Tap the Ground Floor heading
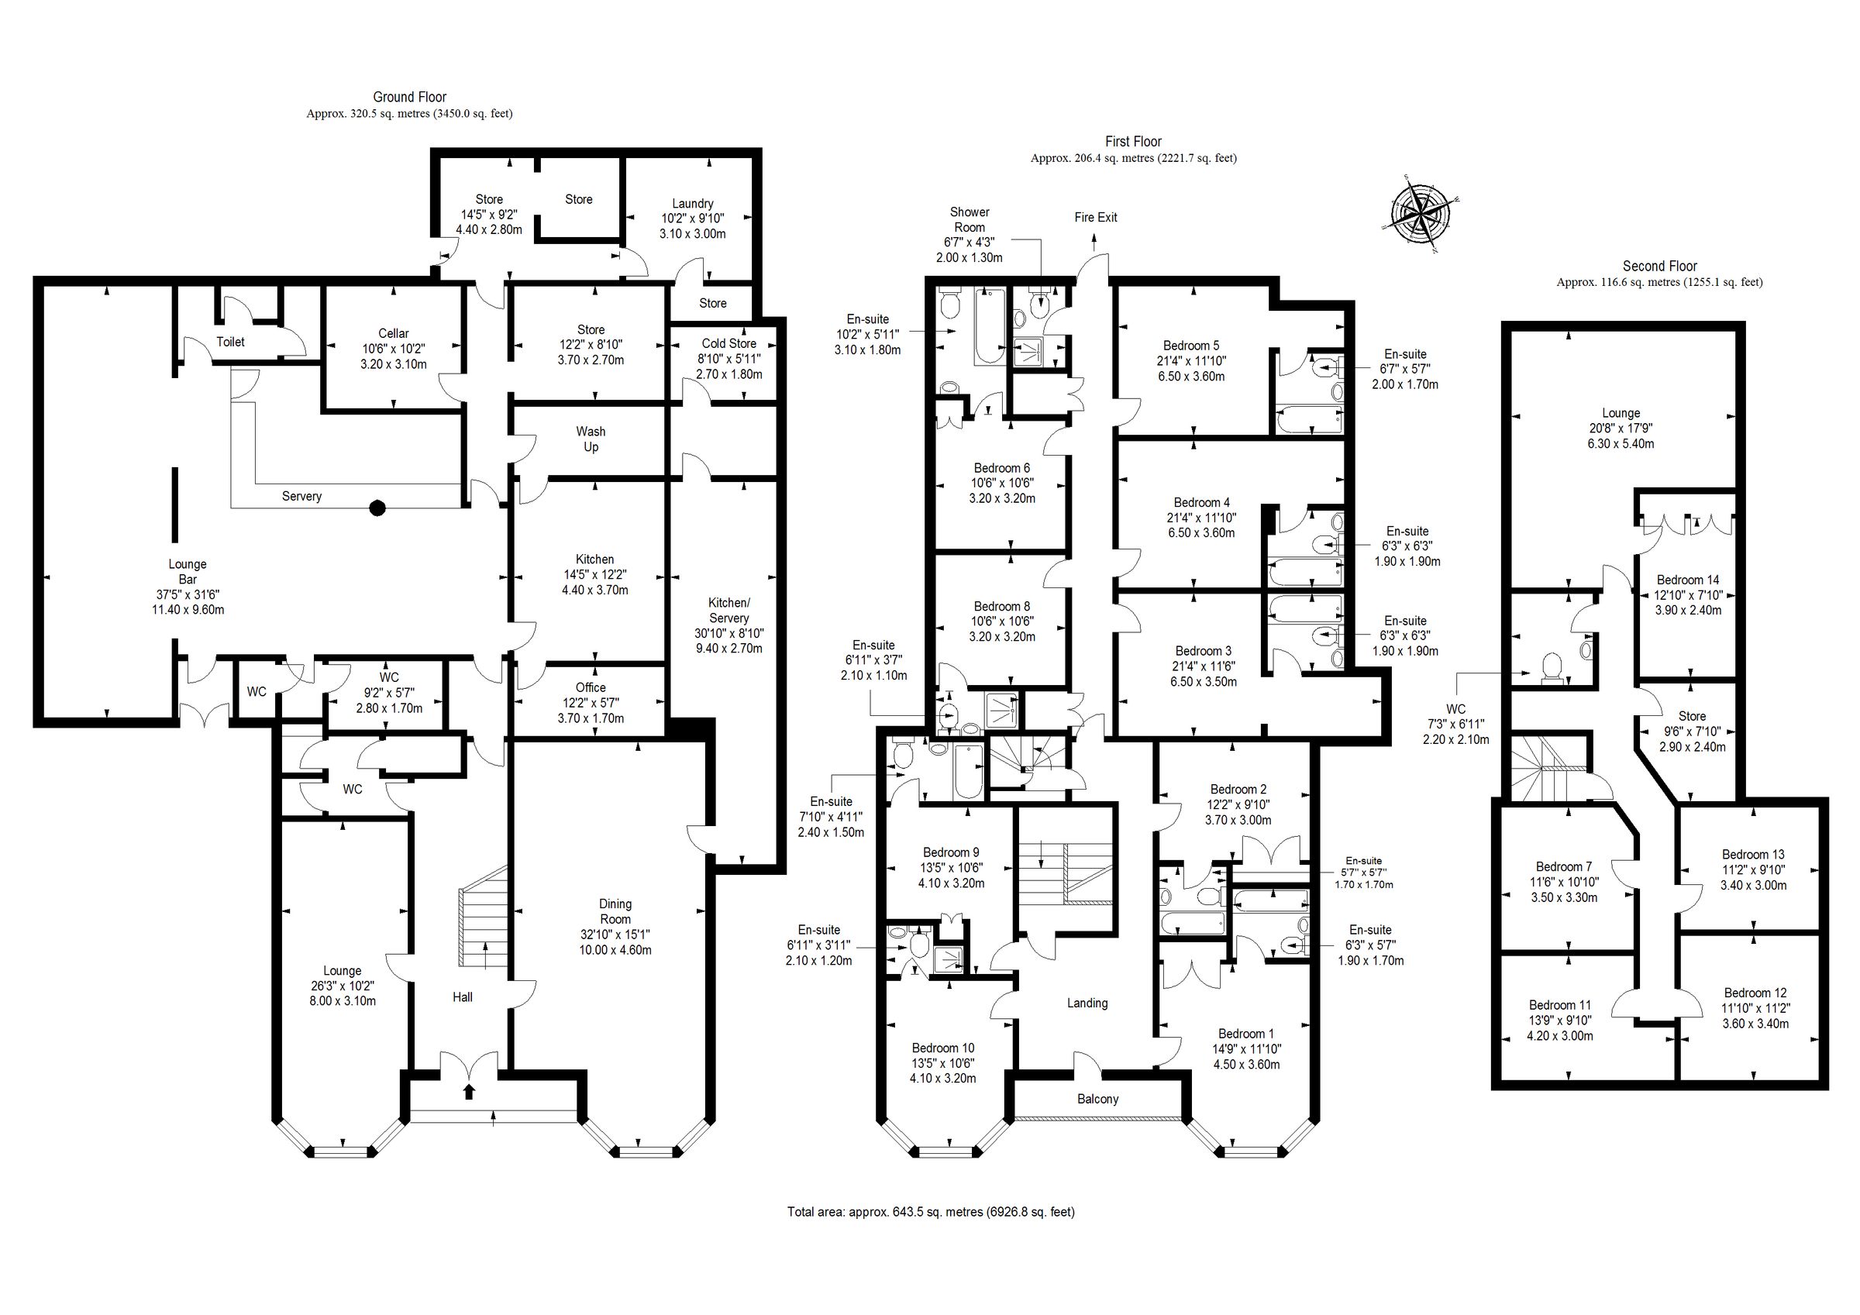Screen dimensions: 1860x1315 click(x=409, y=97)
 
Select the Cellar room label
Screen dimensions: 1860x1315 click(x=394, y=333)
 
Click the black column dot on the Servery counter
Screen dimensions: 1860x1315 click(x=377, y=508)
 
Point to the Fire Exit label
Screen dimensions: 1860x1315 click(x=1095, y=217)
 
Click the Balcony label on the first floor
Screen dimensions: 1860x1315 click(x=1097, y=1099)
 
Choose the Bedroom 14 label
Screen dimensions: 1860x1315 click(x=1687, y=580)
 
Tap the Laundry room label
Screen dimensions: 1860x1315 click(x=692, y=203)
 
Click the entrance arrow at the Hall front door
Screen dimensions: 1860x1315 click(x=468, y=1090)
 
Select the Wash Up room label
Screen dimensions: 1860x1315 click(x=591, y=439)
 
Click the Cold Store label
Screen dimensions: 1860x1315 click(x=729, y=343)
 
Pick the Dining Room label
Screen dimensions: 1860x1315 click(x=615, y=911)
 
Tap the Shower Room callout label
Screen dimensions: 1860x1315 click(x=970, y=219)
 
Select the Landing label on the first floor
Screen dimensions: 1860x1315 click(x=1087, y=1003)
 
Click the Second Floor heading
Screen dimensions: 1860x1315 click(x=1659, y=266)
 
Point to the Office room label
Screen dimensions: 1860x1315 click(x=591, y=688)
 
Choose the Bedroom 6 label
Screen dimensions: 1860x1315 click(x=1002, y=468)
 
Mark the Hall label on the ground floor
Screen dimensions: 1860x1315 click(x=463, y=997)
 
